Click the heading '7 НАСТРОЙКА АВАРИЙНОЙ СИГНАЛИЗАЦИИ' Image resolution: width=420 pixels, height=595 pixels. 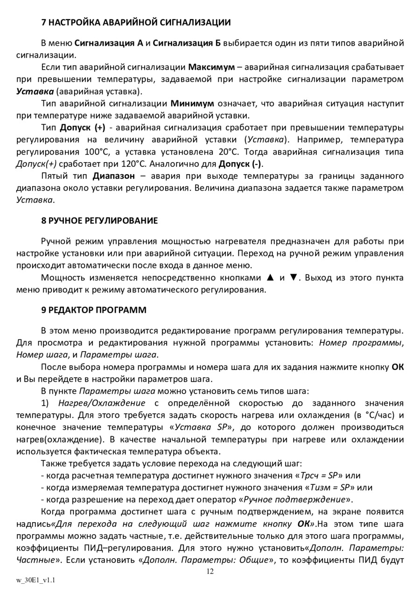[x=136, y=22]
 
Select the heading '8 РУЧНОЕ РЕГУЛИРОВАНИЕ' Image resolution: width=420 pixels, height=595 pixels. [x=99, y=220]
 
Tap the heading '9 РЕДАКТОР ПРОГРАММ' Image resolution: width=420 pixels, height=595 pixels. [x=94, y=310]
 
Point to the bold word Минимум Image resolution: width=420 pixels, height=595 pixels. [x=192, y=103]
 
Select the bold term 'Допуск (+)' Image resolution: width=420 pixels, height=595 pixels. [x=82, y=127]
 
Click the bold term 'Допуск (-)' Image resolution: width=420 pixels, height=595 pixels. [x=240, y=164]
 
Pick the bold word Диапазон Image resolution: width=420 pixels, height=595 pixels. [x=113, y=176]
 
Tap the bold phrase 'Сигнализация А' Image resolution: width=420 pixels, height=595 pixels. [x=109, y=43]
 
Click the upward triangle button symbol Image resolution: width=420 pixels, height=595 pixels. [x=269, y=277]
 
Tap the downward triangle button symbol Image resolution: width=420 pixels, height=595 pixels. [x=293, y=277]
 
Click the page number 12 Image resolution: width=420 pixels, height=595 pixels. [x=210, y=572]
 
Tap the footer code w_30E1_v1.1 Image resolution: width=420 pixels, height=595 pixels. [x=36, y=580]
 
